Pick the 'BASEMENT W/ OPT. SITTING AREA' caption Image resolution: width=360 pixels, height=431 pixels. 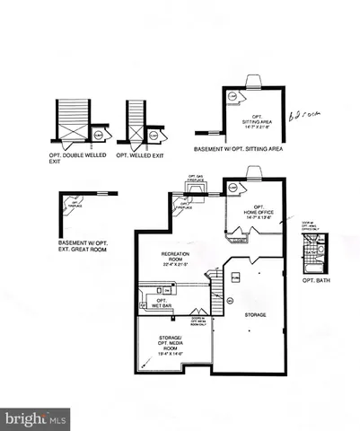(x=238, y=149)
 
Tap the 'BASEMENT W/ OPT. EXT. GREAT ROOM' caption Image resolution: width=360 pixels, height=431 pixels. (x=85, y=245)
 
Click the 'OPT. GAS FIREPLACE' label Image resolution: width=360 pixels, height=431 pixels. (x=198, y=179)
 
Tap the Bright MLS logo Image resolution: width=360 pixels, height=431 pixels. (x=34, y=418)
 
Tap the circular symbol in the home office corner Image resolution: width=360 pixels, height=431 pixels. (x=233, y=187)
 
